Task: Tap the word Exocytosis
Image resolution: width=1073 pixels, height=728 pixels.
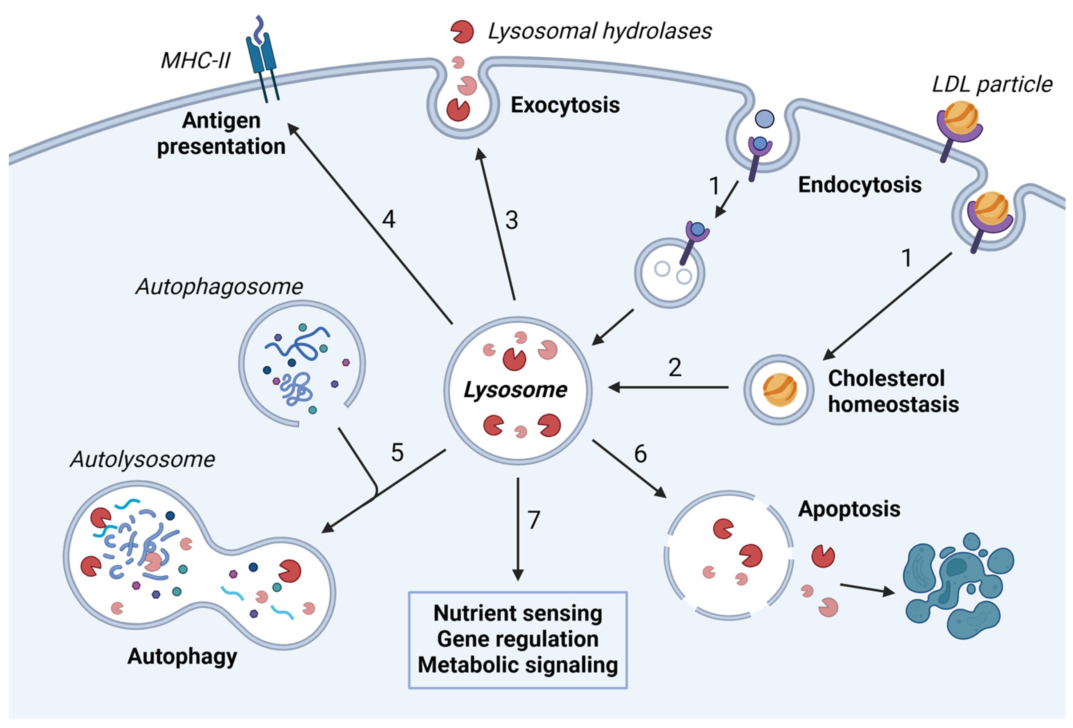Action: [565, 105]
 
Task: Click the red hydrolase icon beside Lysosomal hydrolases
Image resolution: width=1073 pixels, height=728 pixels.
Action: [462, 31]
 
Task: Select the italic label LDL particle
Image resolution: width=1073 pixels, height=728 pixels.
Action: [992, 85]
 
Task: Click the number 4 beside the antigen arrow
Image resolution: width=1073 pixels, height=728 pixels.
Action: [388, 219]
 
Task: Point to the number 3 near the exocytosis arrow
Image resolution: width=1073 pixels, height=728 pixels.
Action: [511, 220]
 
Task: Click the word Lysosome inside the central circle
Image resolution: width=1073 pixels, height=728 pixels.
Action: [515, 390]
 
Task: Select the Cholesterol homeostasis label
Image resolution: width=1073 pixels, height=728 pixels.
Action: [893, 391]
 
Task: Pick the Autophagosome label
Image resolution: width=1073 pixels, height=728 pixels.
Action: [219, 287]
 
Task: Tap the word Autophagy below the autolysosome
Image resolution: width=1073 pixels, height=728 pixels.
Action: [182, 656]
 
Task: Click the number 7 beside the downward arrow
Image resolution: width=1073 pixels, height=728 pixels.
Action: [534, 520]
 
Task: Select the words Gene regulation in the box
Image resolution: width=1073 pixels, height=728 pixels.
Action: [517, 639]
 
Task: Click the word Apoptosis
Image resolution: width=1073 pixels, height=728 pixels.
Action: [849, 509]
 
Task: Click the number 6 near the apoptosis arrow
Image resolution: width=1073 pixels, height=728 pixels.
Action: [640, 454]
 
